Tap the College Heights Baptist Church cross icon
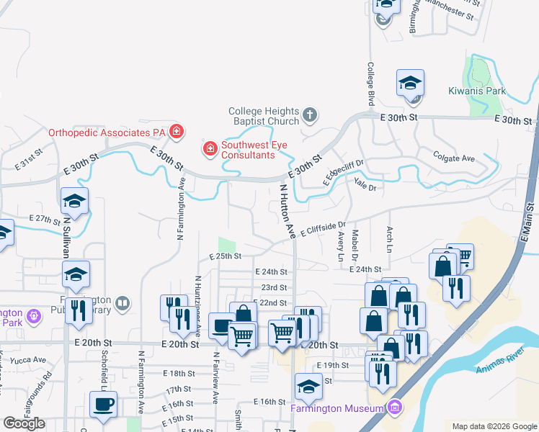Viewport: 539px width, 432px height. [309, 114]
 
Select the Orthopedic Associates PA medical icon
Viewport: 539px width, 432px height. [177, 132]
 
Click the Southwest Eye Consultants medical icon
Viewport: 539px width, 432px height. [210, 149]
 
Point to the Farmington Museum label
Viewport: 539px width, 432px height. [337, 409]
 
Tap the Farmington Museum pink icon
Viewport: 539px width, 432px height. [393, 408]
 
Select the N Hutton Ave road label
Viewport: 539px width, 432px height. [287, 211]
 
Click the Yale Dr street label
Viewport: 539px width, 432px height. [366, 184]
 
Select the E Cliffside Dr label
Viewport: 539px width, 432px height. [324, 230]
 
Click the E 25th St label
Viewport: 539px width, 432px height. [225, 256]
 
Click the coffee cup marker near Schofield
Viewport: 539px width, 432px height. [103, 405]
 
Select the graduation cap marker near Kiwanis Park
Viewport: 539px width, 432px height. [410, 84]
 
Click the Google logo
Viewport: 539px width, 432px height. [24, 423]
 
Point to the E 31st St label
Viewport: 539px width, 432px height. [30, 164]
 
